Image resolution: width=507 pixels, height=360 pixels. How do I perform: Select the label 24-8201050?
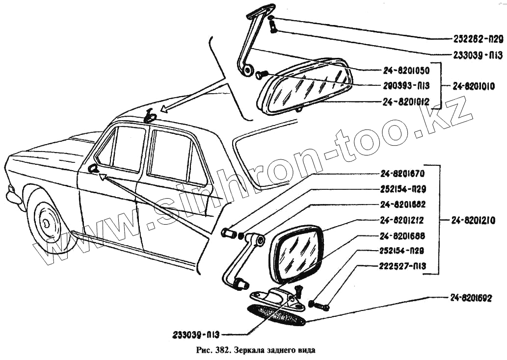pos(406,70)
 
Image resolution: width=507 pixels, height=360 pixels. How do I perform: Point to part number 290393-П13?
pos(406,86)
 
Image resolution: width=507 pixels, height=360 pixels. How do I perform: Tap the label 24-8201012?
pos(406,102)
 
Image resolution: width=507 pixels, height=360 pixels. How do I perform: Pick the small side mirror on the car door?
pos(92,169)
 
